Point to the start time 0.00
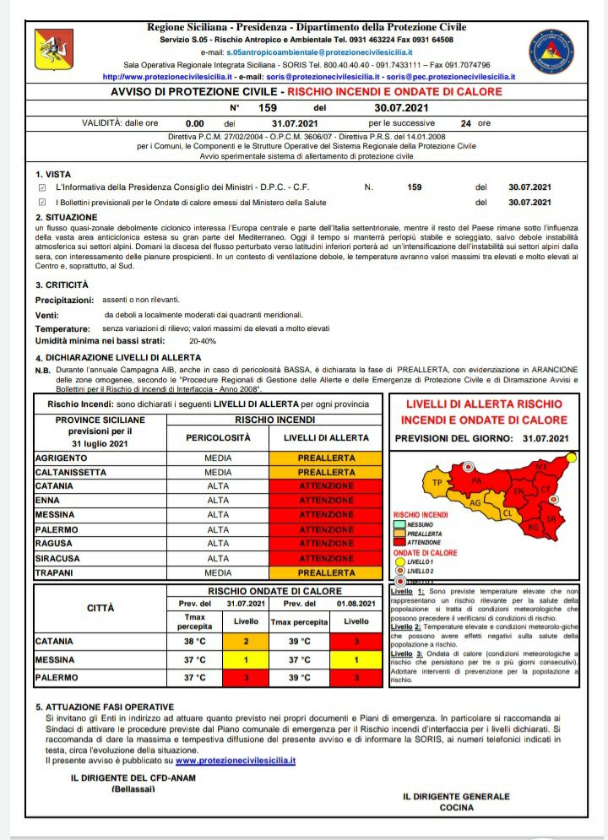click(x=195, y=122)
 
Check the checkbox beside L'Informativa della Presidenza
click(x=42, y=187)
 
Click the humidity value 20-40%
click(x=203, y=341)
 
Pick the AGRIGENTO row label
click(x=61, y=458)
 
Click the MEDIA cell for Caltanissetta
click(x=218, y=472)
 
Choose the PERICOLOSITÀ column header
click(x=218, y=438)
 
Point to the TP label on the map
click(x=437, y=482)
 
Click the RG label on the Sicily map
click(x=532, y=528)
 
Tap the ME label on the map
click(x=542, y=466)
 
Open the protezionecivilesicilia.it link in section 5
click(x=236, y=760)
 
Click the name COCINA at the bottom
click(x=456, y=807)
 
